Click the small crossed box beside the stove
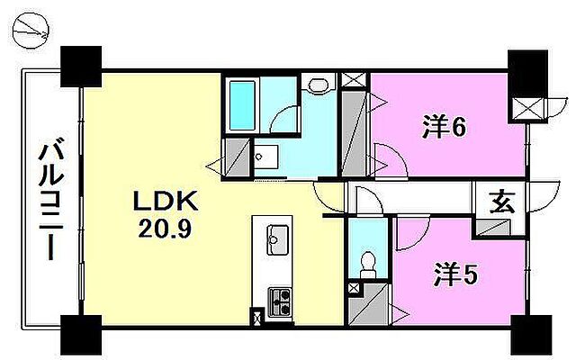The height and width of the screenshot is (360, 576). (x=259, y=316)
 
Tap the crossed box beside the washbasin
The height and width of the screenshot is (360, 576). (x=353, y=79)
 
